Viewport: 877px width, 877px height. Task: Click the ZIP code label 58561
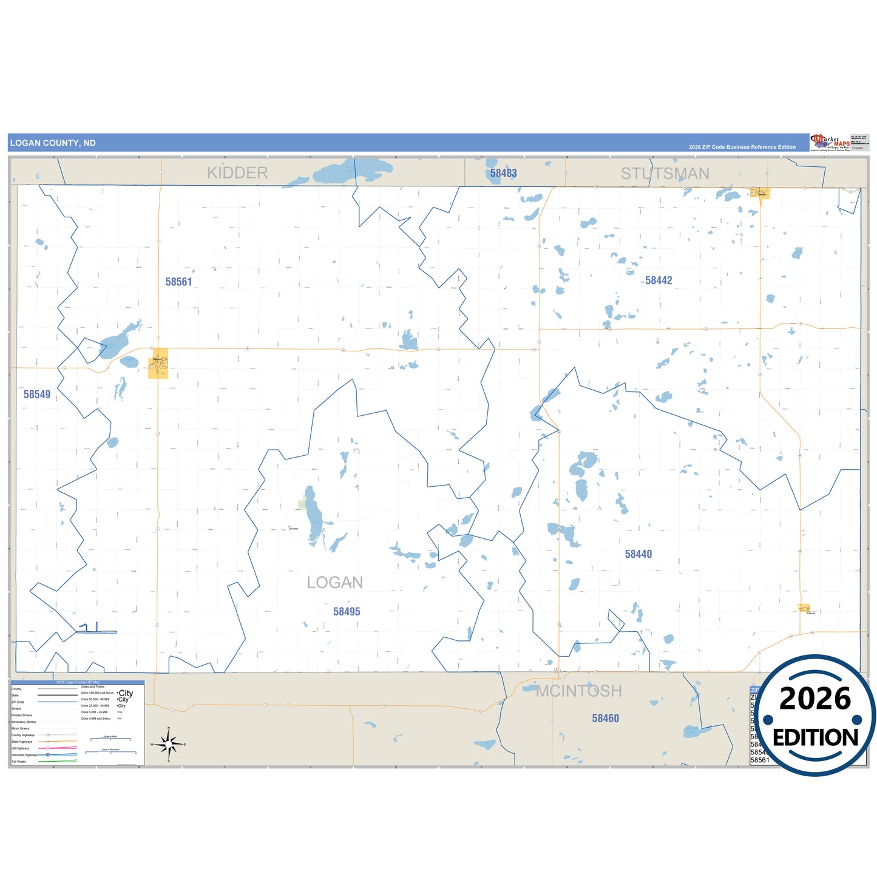[178, 282]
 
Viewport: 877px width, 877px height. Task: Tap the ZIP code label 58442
[659, 280]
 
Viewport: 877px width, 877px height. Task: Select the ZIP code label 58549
[37, 394]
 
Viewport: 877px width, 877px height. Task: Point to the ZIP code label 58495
[347, 612]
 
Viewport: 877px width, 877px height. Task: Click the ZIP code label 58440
[638, 554]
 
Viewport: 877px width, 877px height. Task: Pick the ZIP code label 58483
[504, 173]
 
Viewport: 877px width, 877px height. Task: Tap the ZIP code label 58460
[606, 719]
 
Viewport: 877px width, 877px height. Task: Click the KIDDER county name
[237, 173]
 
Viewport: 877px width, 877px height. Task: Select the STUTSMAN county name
[665, 174]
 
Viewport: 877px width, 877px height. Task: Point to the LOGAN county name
[334, 583]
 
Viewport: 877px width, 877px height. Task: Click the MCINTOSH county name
[579, 691]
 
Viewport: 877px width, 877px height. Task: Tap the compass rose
[168, 743]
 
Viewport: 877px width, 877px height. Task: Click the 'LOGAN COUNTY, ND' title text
[53, 143]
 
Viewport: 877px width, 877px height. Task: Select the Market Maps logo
[830, 143]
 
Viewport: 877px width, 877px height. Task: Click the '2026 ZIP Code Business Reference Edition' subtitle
[742, 147]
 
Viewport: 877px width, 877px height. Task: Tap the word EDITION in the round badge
[815, 737]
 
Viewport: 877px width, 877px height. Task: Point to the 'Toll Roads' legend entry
[19, 761]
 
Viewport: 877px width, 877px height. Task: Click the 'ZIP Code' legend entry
[18, 702]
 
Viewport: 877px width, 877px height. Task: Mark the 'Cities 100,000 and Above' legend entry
[97, 692]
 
